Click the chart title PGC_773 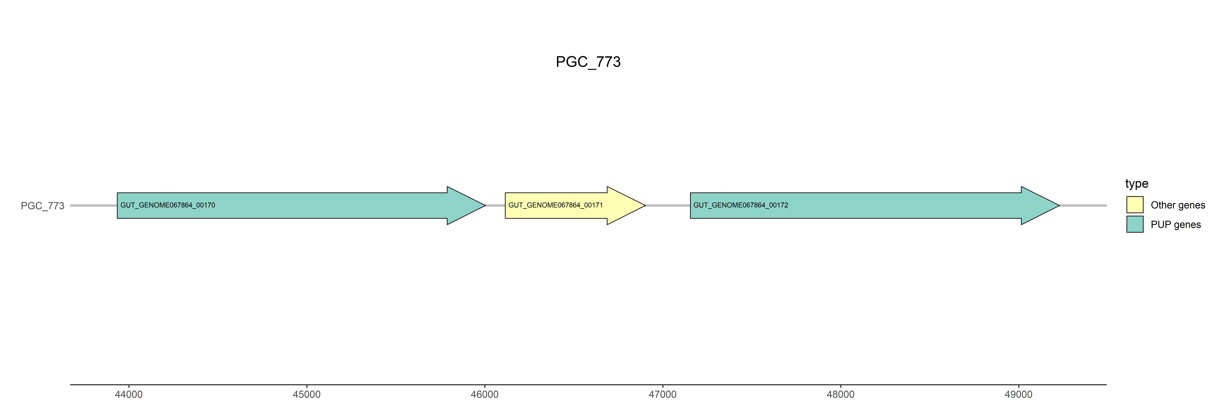[x=588, y=62]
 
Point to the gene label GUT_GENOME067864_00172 [x=740, y=205]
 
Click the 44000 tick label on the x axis [x=129, y=394]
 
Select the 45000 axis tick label [x=306, y=394]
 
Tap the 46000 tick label [x=485, y=394]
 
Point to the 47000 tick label [x=662, y=394]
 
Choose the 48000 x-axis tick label [x=840, y=394]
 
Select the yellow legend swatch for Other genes [x=1135, y=205]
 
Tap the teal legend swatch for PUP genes [x=1135, y=224]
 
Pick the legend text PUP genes [x=1176, y=225]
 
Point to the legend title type [x=1137, y=183]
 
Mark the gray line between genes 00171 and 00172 [x=668, y=206]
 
